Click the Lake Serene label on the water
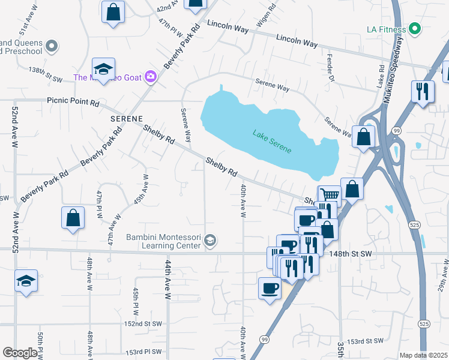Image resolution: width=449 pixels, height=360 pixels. pos(272,142)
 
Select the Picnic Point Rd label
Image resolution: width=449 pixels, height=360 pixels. pos(73,103)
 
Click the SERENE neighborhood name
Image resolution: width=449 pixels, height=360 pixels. pos(126,119)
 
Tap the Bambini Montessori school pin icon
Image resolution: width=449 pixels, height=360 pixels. pos(209,241)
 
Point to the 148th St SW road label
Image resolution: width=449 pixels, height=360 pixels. pos(351,254)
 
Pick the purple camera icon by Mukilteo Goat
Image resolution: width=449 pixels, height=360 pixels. pos(150,76)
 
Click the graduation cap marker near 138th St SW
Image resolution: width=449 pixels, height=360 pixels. pos(103,70)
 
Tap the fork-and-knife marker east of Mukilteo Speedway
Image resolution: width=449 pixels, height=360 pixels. pos(422,92)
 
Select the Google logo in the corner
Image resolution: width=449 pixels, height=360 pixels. pos(20,353)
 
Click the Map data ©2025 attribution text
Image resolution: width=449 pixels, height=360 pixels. pos(423,355)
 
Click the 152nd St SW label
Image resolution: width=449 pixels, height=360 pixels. pos(143,323)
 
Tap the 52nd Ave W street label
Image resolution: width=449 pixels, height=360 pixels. pos(14,125)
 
